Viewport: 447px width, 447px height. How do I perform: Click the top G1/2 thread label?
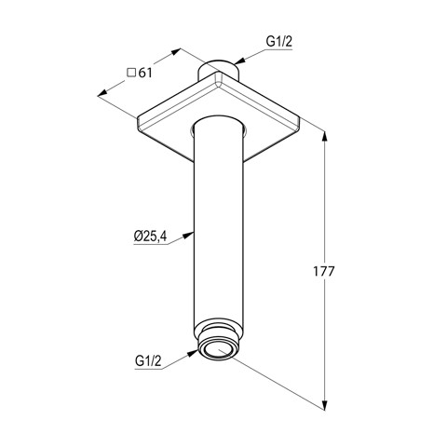tap(279, 42)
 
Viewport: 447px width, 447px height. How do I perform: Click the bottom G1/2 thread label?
tap(148, 361)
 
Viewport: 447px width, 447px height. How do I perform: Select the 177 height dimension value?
tap(324, 271)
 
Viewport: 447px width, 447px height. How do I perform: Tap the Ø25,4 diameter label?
tap(150, 237)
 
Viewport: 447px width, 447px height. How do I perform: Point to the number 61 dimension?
tap(145, 73)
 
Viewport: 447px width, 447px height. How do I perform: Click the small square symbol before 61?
tap(131, 73)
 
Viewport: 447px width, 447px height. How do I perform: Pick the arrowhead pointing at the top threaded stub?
tap(239, 61)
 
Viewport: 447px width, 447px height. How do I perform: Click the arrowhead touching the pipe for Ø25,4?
tap(187, 235)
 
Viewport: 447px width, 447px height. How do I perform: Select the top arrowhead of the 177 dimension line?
tap(325, 137)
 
